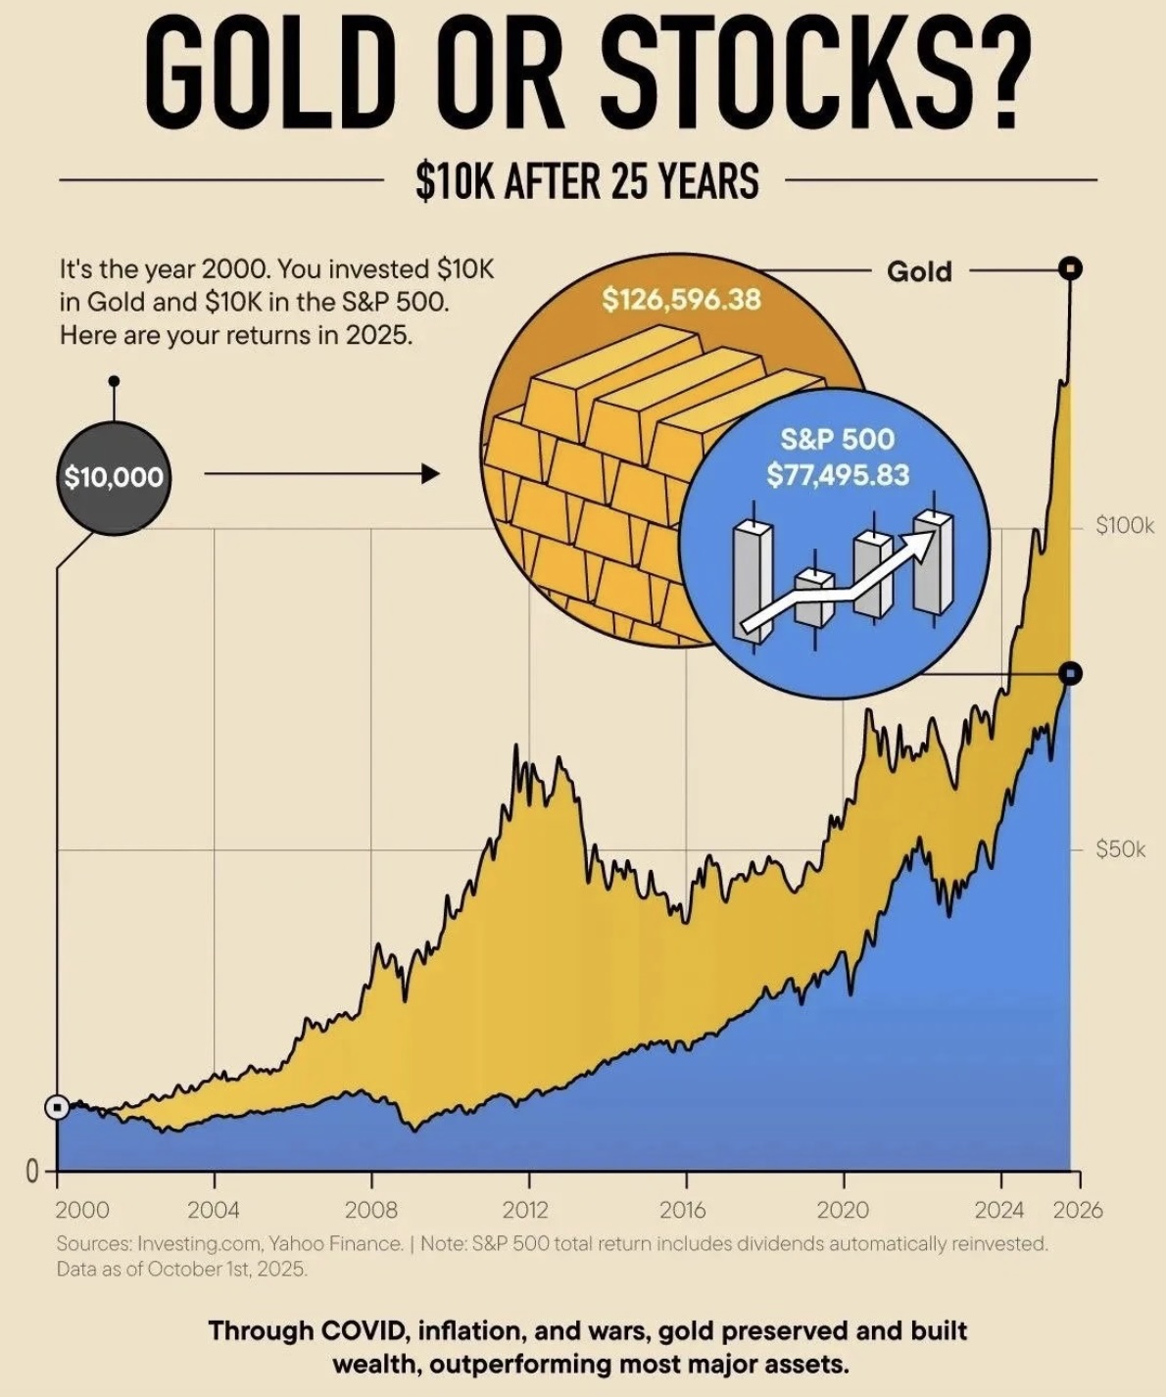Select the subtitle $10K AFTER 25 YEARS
tap(587, 181)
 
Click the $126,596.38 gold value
tap(681, 299)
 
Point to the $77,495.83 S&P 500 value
tap(838, 475)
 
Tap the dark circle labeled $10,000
tap(114, 477)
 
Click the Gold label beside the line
tap(919, 271)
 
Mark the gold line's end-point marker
tap(1071, 267)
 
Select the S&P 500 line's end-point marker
tap(1071, 673)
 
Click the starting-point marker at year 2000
tap(58, 1107)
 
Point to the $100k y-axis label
tap(1125, 526)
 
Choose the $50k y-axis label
tap(1120, 849)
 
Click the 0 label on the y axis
tap(31, 1171)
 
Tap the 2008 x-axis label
tap(370, 1210)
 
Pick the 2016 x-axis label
tap(683, 1210)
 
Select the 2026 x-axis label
tap(1078, 1210)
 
